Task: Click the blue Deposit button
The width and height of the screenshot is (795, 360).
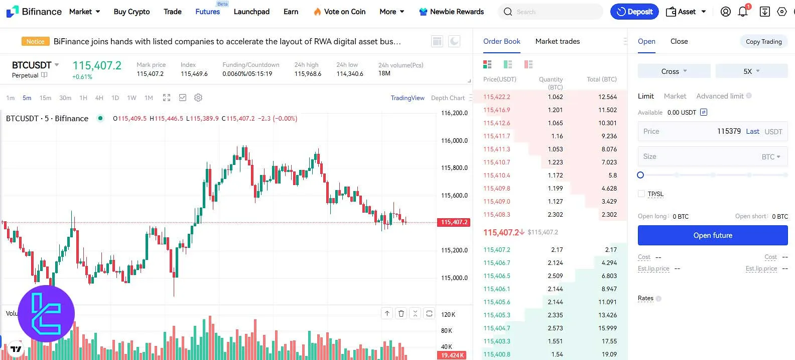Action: [x=634, y=12]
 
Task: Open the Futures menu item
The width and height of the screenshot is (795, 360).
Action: [x=207, y=12]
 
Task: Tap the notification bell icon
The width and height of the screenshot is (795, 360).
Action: [x=743, y=12]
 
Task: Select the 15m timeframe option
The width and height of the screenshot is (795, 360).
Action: [x=45, y=98]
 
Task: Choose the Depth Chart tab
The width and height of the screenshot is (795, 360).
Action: [x=448, y=98]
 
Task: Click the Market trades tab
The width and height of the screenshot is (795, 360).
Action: [x=557, y=41]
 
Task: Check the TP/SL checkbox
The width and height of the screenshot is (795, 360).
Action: [x=641, y=194]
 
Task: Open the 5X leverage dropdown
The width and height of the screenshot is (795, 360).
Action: [x=751, y=71]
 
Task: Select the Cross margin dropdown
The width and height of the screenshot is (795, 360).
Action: [x=674, y=71]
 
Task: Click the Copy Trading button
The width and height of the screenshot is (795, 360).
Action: [x=763, y=42]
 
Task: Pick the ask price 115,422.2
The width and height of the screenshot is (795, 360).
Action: [x=496, y=97]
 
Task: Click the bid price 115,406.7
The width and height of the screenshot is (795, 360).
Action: [x=496, y=263]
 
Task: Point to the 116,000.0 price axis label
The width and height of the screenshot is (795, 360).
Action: [x=454, y=141]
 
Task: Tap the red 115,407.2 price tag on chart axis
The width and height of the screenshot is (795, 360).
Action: [x=454, y=222]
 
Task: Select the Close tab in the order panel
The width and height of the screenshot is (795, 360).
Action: [x=679, y=41]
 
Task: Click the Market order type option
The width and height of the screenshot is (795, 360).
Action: [x=675, y=96]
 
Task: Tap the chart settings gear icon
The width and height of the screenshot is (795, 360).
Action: [x=198, y=98]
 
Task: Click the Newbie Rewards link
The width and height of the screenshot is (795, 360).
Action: [x=451, y=12]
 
